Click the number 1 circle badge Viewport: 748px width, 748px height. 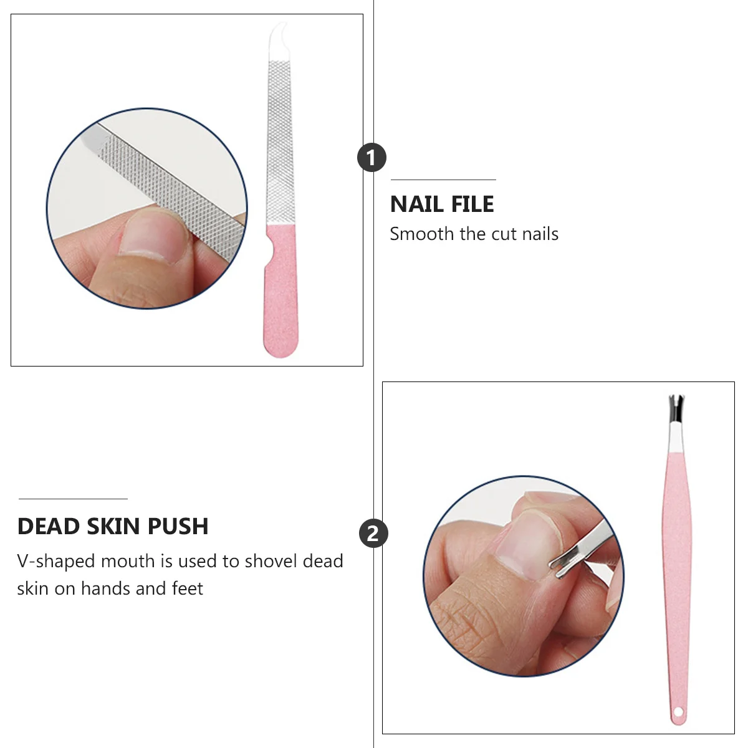372,158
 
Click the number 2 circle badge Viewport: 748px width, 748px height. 373,534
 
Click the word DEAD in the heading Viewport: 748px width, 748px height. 49,527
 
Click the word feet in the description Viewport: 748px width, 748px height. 188,589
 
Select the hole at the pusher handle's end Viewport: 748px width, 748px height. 678,712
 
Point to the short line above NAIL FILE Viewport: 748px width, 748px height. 443,180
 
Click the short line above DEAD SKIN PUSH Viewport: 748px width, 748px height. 73,499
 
